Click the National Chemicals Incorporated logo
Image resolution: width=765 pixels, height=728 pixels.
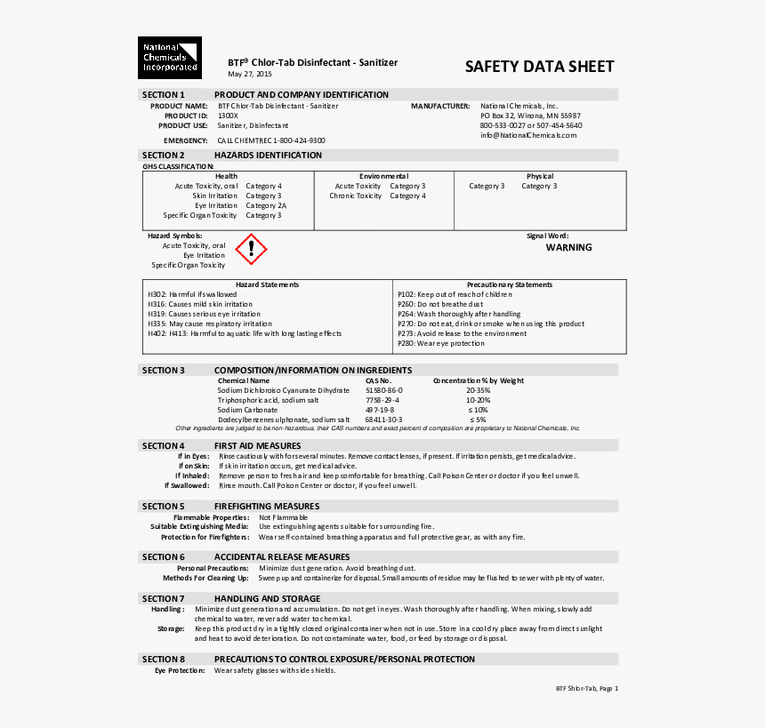click(x=169, y=58)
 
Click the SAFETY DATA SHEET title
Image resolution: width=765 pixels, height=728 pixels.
click(x=539, y=67)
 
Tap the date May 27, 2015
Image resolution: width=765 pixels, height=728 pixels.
click(x=250, y=75)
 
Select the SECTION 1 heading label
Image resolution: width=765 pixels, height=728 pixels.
click(x=164, y=95)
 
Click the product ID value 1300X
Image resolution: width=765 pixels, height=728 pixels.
click(x=228, y=116)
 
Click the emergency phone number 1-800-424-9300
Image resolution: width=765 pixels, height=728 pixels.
click(x=299, y=140)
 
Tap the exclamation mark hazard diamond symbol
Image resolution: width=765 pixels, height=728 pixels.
click(x=251, y=250)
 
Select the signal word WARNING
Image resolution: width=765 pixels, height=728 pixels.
click(x=568, y=248)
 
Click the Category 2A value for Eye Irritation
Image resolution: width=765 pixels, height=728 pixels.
click(x=266, y=205)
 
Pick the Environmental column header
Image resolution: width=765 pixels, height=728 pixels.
click(x=383, y=176)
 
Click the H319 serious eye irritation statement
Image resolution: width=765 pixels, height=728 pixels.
click(x=204, y=314)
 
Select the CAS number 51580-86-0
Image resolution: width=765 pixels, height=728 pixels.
click(x=384, y=390)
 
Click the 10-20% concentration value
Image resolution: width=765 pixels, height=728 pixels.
click(x=478, y=400)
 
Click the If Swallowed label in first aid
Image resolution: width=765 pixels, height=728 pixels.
click(x=187, y=485)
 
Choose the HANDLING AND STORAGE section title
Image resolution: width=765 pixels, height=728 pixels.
click(x=267, y=599)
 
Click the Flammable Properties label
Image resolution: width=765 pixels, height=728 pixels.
click(x=211, y=517)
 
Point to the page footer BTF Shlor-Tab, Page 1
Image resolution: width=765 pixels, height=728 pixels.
click(x=586, y=688)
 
